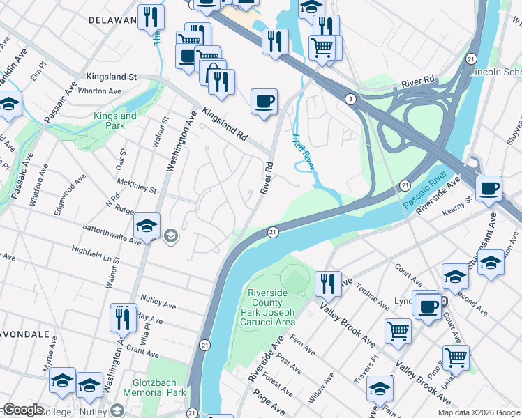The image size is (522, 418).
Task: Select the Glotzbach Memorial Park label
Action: pos(154,388)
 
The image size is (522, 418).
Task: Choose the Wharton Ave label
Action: pos(100,91)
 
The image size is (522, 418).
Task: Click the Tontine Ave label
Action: pos(371,296)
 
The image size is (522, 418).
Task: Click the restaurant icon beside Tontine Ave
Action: pos(327,284)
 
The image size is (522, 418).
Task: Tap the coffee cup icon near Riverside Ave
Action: pos(489,187)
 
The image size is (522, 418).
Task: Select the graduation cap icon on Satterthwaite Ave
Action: pos(147,226)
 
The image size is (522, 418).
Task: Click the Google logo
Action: pos(23,410)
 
